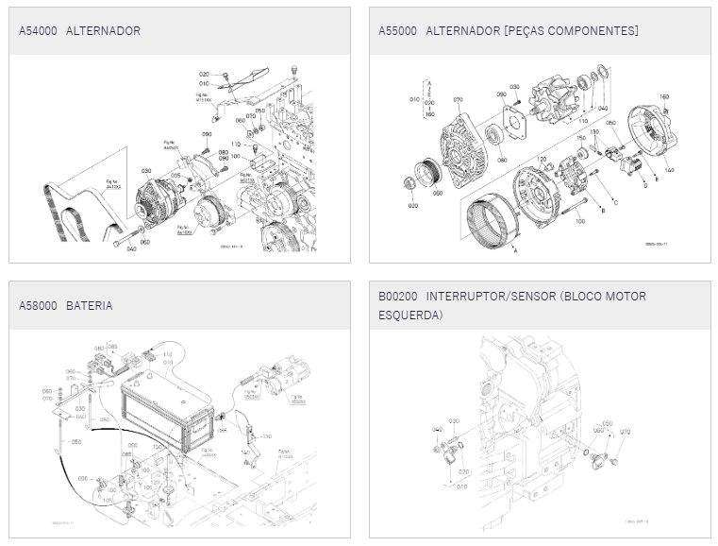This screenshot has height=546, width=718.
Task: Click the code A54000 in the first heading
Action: coord(39,31)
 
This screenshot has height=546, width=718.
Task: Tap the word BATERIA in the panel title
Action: coord(90,306)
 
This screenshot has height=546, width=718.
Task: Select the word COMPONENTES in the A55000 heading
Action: coord(594,31)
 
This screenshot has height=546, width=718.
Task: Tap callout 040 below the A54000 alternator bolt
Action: coord(131,249)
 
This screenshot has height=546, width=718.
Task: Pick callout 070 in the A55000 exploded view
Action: coord(458,98)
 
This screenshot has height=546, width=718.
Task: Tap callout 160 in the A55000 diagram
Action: coord(663,97)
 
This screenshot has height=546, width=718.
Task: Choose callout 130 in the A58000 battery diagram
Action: coord(267,436)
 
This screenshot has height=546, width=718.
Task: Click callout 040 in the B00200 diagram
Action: coord(437,430)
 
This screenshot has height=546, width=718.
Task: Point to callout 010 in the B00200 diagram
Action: coord(461,486)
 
